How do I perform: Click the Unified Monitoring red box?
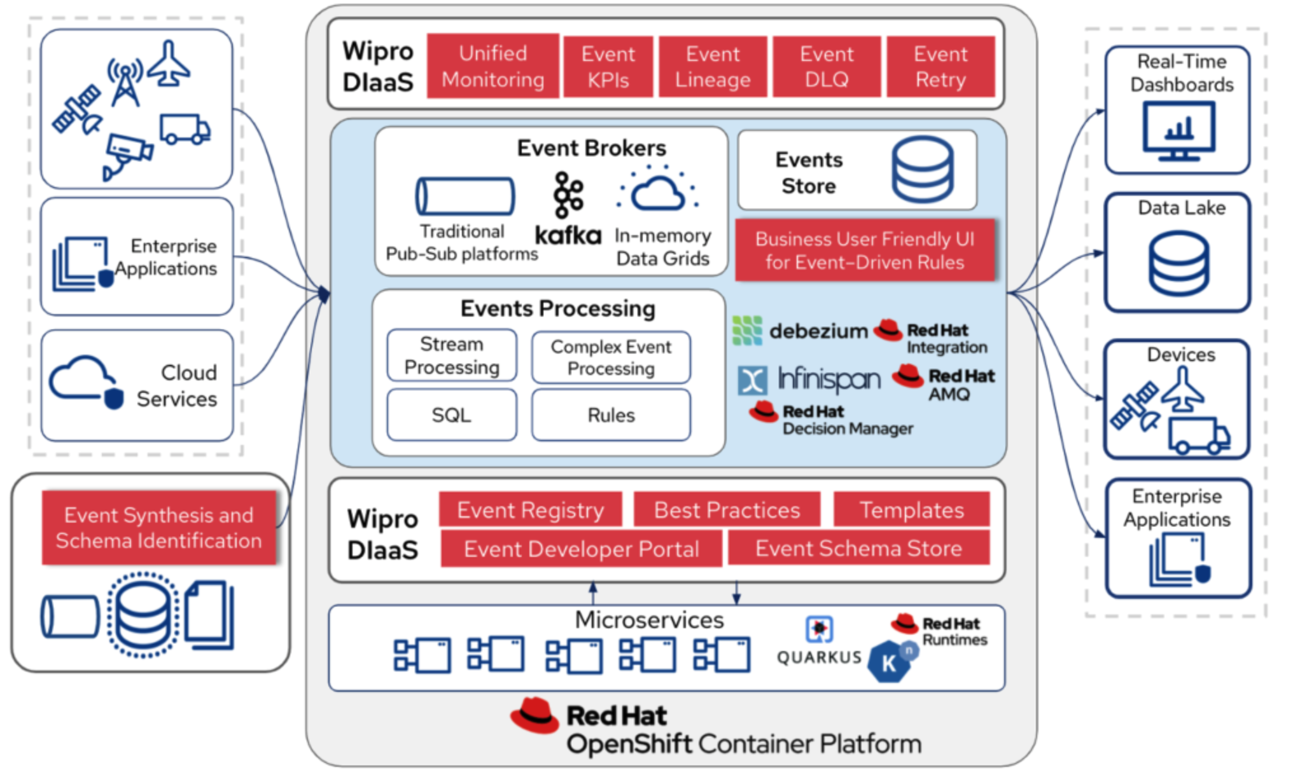tap(493, 66)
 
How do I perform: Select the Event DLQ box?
tap(826, 66)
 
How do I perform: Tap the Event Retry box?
tap(940, 66)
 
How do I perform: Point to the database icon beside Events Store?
tap(922, 170)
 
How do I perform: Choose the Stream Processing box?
tap(451, 355)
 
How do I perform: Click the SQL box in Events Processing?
tap(451, 415)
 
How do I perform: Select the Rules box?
tap(611, 415)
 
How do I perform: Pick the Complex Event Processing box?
tap(611, 357)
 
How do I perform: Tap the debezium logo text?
tap(818, 331)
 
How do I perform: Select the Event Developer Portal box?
tap(581, 549)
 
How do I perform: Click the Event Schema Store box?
tap(858, 548)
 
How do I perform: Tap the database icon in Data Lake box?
tap(1178, 263)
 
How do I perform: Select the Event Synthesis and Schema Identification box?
tap(159, 528)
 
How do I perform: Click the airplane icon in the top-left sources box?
tap(169, 64)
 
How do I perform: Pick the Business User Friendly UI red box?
tap(865, 250)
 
